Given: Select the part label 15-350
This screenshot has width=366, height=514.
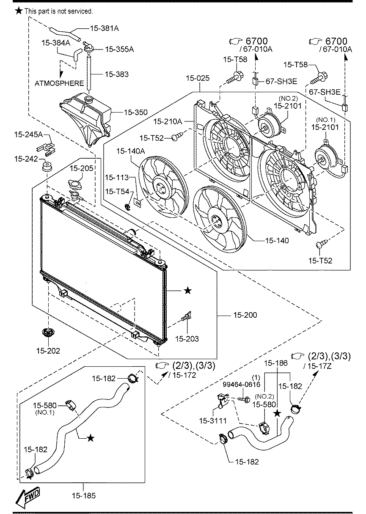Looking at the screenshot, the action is click(136, 112).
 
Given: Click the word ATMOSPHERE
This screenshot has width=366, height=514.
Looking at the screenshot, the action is click(59, 83).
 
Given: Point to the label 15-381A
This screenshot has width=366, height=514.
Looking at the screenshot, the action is click(105, 28).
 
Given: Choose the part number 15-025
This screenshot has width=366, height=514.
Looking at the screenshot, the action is click(198, 78).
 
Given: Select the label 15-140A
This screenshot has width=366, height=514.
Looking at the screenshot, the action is click(131, 151).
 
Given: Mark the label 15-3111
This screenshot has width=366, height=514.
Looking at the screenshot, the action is click(213, 421).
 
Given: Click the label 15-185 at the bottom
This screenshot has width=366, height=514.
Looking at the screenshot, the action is click(84, 496).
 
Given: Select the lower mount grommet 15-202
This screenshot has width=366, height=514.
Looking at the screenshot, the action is click(48, 333).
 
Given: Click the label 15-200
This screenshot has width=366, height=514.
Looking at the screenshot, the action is click(245, 315).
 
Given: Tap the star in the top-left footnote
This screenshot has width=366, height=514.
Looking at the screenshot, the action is click(19, 11).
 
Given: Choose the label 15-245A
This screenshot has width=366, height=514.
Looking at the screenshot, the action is click(28, 135).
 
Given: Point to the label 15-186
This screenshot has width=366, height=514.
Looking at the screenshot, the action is click(276, 363).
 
